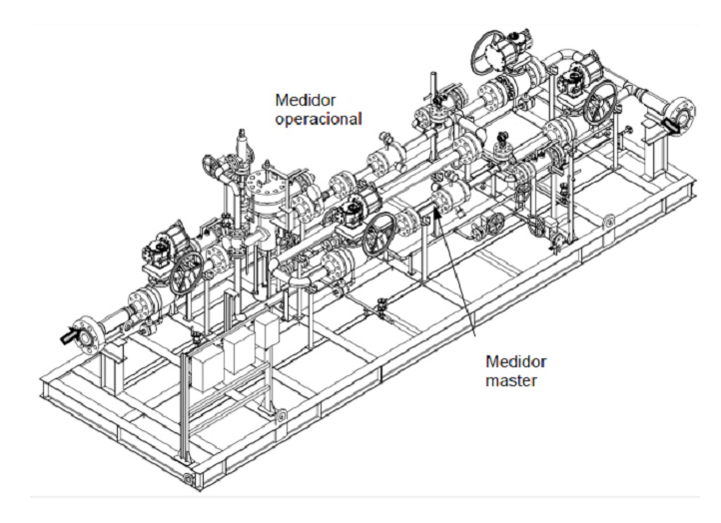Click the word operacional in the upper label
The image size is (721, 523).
(x=319, y=119)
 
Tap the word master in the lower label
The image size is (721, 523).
(x=511, y=380)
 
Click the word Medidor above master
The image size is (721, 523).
(x=516, y=361)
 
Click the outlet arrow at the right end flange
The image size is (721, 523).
(x=673, y=124)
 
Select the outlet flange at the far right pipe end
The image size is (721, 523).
(x=681, y=114)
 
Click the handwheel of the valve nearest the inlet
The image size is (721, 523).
(x=187, y=273)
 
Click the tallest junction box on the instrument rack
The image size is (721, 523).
(x=268, y=331)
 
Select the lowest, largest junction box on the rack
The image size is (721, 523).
(x=204, y=371)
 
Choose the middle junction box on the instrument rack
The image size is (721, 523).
(x=239, y=352)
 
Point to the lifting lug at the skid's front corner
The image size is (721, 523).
(x=189, y=478)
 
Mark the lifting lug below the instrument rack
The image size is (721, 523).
(x=281, y=416)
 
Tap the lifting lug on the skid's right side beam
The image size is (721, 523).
(x=610, y=221)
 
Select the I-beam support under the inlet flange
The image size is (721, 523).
(x=108, y=366)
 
